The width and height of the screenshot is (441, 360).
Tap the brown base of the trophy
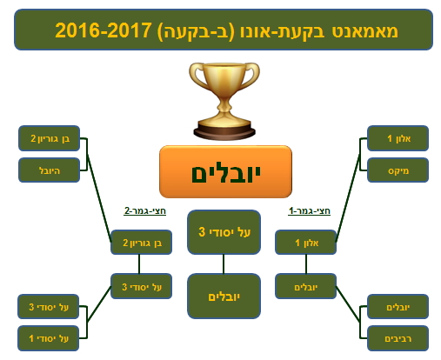(224, 132)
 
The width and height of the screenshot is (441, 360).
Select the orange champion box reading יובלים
(225, 172)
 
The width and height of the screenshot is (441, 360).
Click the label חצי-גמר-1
(310, 210)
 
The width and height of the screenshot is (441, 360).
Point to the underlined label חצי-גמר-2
(144, 210)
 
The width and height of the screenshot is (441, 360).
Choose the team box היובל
(49, 170)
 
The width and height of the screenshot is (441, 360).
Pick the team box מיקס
(398, 170)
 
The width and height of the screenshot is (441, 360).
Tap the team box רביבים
(398, 338)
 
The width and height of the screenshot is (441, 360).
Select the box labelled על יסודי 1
(49, 338)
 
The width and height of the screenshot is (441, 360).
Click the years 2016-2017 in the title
(104, 30)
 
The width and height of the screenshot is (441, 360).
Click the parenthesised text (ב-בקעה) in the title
(196, 30)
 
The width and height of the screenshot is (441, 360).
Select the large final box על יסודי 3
(224, 232)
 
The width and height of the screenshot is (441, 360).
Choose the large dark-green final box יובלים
(224, 297)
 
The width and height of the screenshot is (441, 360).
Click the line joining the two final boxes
(224, 264)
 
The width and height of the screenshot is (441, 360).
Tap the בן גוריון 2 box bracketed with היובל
(49, 138)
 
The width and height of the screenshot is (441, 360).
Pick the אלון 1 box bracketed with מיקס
(398, 138)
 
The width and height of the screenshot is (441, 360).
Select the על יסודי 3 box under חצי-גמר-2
(141, 286)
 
